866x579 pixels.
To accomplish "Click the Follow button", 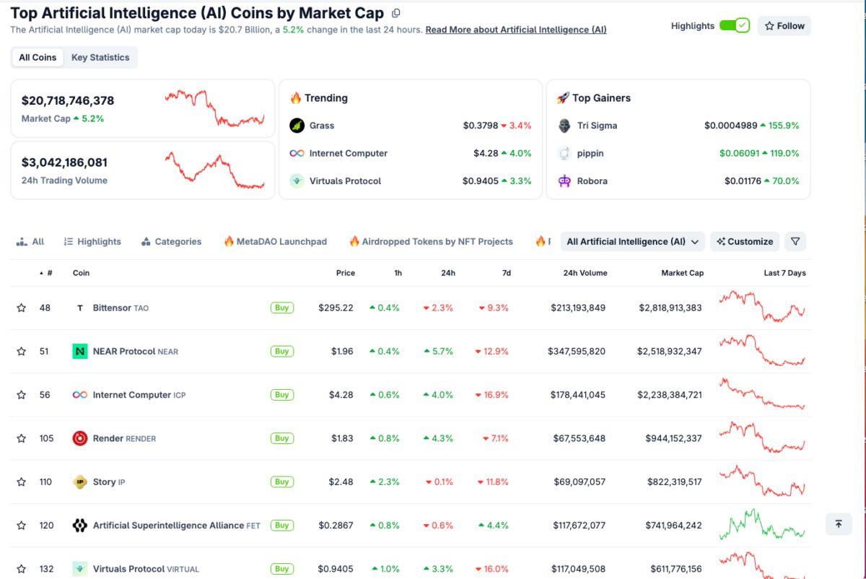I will tap(784, 26).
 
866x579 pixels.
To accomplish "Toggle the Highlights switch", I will tap(734, 26).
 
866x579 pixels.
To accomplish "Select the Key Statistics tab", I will tap(100, 58).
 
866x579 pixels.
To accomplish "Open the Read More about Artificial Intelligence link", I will tap(515, 30).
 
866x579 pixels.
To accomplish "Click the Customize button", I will tap(745, 242).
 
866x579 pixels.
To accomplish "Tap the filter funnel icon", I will tap(795, 242).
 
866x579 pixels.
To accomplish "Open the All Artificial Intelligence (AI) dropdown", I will tap(633, 242).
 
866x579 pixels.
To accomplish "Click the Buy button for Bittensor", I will tap(281, 308).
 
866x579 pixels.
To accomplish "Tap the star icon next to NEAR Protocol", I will tap(22, 352).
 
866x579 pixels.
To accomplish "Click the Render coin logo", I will tap(80, 438).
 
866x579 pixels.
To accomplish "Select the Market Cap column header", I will tap(682, 273).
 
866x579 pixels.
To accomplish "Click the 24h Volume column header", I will tap(585, 273).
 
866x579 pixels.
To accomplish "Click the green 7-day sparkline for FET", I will tap(761, 525).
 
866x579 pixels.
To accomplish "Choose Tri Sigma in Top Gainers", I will tap(597, 126).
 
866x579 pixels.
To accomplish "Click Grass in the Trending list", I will tap(321, 126).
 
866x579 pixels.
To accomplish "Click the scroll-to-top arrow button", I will tap(838, 524).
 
